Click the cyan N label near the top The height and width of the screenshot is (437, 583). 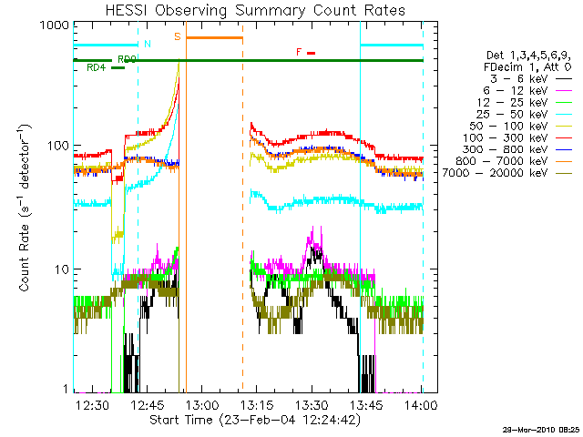point(148,43)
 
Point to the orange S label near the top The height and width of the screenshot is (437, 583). point(177,36)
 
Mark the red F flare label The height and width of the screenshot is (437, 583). point(299,52)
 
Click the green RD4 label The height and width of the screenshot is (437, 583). point(96,68)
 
